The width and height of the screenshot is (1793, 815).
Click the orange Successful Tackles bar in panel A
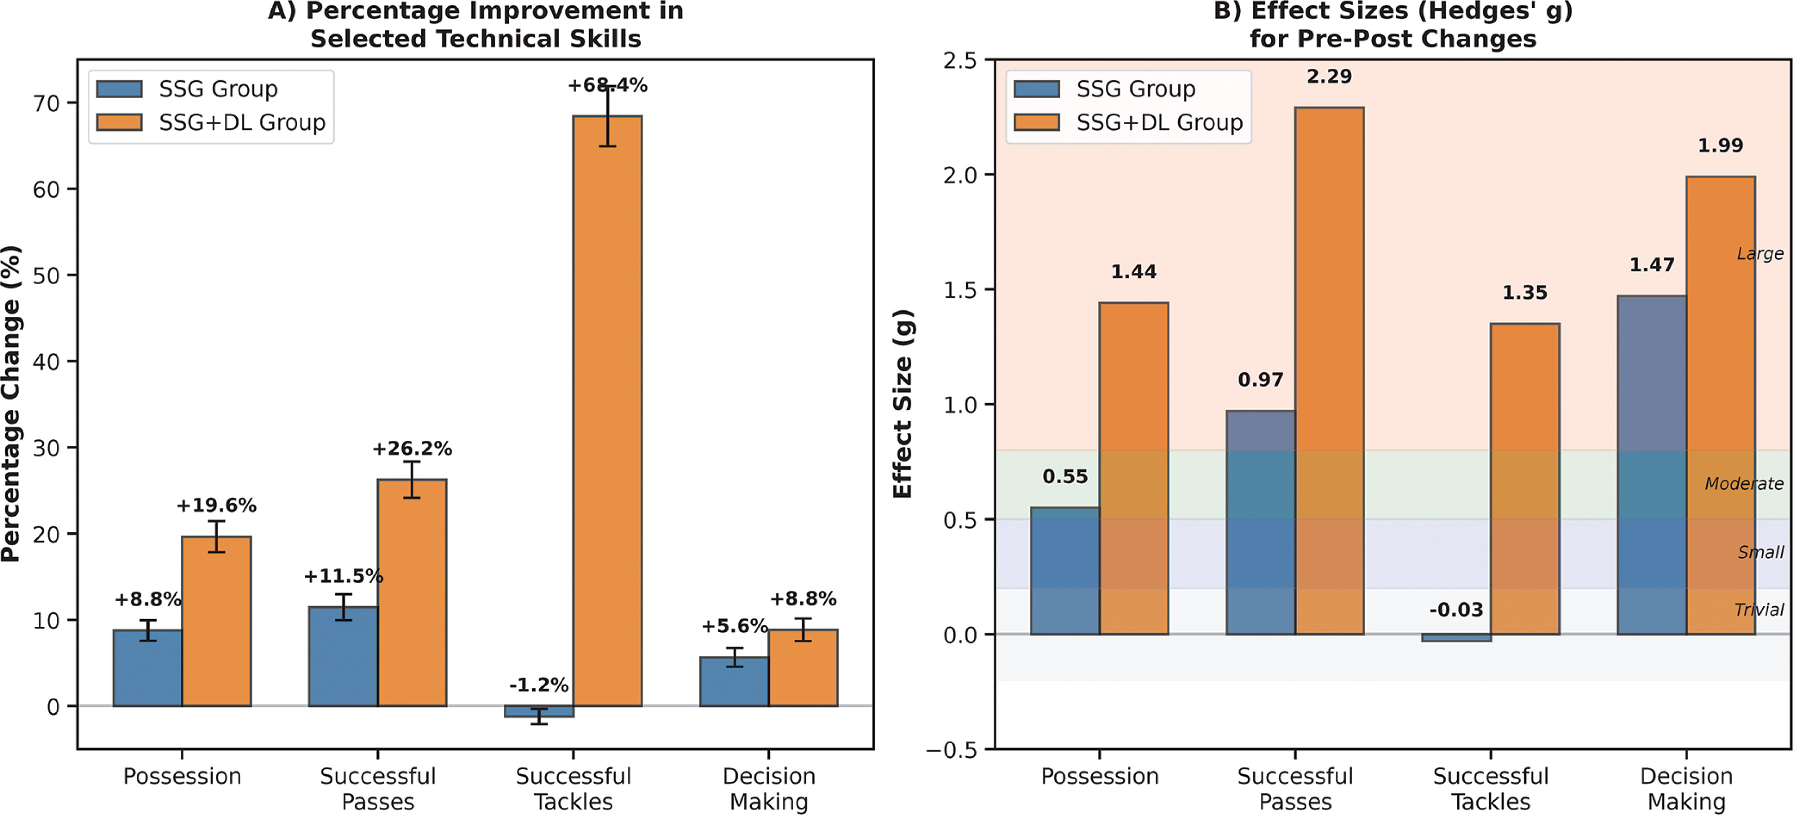click(x=607, y=411)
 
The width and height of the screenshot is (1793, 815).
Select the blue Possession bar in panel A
click(x=148, y=668)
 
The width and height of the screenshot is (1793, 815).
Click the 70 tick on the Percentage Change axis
click(x=47, y=104)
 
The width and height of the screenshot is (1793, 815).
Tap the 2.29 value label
click(x=1329, y=76)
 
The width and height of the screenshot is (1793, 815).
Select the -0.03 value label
click(x=1456, y=610)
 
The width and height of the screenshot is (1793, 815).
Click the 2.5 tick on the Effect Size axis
click(x=960, y=60)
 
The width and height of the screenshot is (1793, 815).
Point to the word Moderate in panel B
click(x=1743, y=484)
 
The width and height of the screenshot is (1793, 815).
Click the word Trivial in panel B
click(x=1758, y=610)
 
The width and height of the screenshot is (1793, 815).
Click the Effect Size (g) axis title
click(x=902, y=404)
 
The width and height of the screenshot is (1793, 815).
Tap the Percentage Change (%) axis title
click(x=11, y=404)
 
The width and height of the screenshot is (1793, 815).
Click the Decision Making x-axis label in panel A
click(x=768, y=789)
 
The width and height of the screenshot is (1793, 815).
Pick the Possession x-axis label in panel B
click(x=1099, y=776)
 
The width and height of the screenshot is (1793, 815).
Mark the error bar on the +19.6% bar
click(x=217, y=536)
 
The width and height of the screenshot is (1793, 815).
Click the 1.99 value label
click(x=1720, y=145)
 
